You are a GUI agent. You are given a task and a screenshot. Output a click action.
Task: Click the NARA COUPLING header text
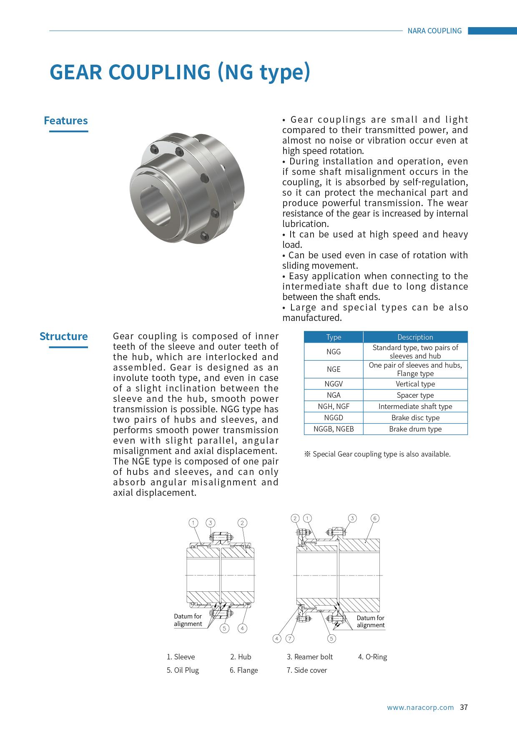point(434,31)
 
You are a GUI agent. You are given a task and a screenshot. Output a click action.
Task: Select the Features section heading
point(66,121)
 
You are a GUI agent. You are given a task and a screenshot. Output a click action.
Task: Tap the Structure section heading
point(64,337)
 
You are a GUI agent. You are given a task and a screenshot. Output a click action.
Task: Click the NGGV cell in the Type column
point(334,384)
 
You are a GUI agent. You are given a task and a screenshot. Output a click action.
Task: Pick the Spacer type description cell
point(415,395)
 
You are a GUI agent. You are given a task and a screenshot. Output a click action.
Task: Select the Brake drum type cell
point(415,429)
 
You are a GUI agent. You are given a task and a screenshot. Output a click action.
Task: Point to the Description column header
point(415,337)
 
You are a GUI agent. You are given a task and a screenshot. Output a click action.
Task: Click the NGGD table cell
point(334,418)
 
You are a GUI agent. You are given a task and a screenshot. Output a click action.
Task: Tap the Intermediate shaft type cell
point(415,406)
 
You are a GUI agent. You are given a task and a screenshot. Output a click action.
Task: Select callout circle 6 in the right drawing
point(375,518)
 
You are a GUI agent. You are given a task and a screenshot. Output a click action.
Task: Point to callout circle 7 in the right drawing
point(290,639)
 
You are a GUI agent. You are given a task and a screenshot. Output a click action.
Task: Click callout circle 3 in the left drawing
point(211,523)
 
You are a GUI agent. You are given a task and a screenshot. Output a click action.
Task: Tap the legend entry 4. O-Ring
point(372,657)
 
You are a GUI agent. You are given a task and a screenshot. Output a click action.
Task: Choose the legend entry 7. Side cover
point(306,670)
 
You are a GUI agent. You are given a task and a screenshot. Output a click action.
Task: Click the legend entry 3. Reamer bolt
point(310,657)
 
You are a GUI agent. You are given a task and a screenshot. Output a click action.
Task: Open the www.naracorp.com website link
point(420,707)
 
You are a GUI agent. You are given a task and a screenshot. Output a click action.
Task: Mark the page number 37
point(464,707)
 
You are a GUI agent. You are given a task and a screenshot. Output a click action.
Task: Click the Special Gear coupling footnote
point(378,454)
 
